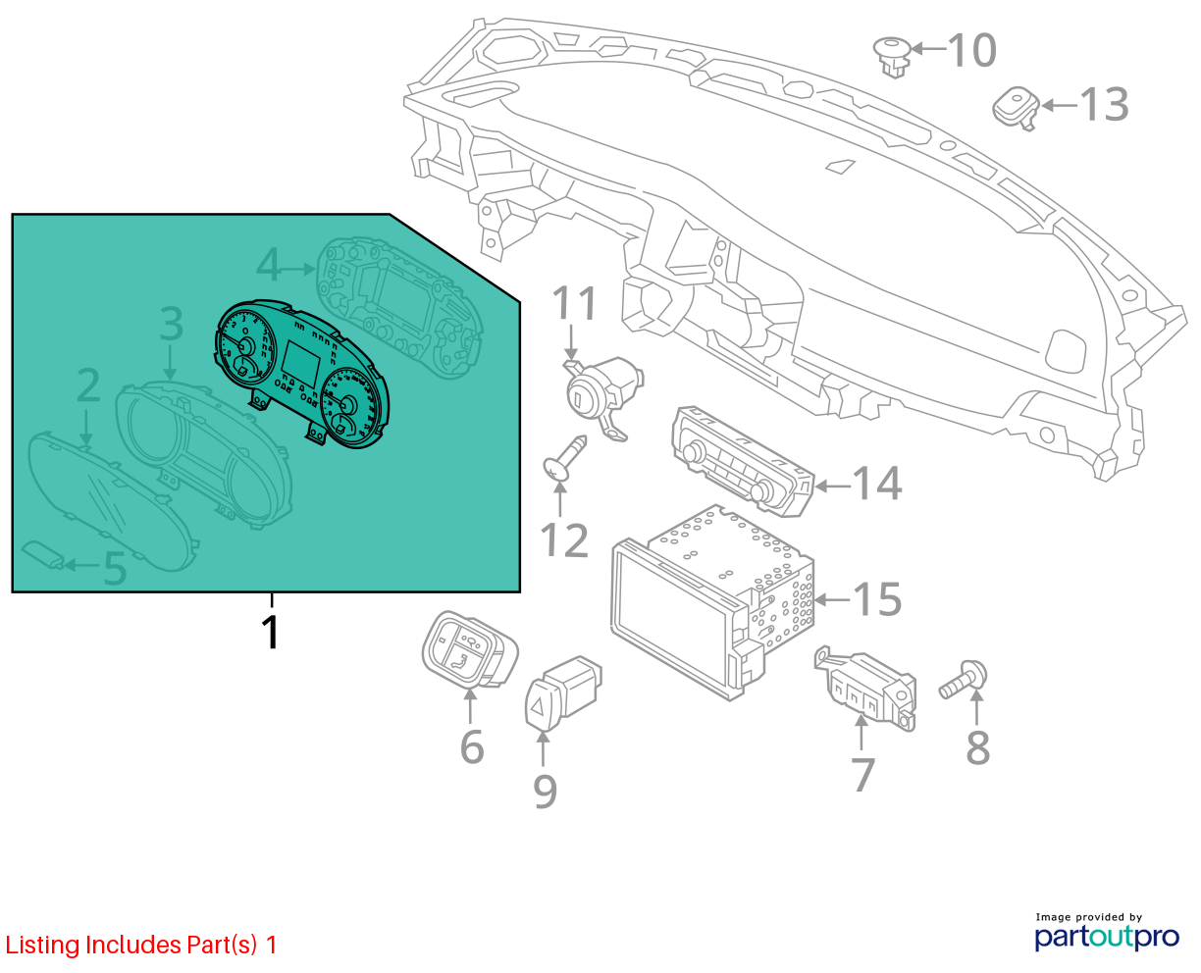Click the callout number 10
[x=971, y=50]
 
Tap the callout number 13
[x=1104, y=104]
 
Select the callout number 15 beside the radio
[x=877, y=598]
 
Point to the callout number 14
[x=877, y=484]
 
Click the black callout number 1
[x=271, y=632]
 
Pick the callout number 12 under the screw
[x=564, y=540]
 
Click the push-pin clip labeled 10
[x=893, y=57]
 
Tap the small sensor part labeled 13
[x=1016, y=108]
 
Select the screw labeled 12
[x=565, y=458]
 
